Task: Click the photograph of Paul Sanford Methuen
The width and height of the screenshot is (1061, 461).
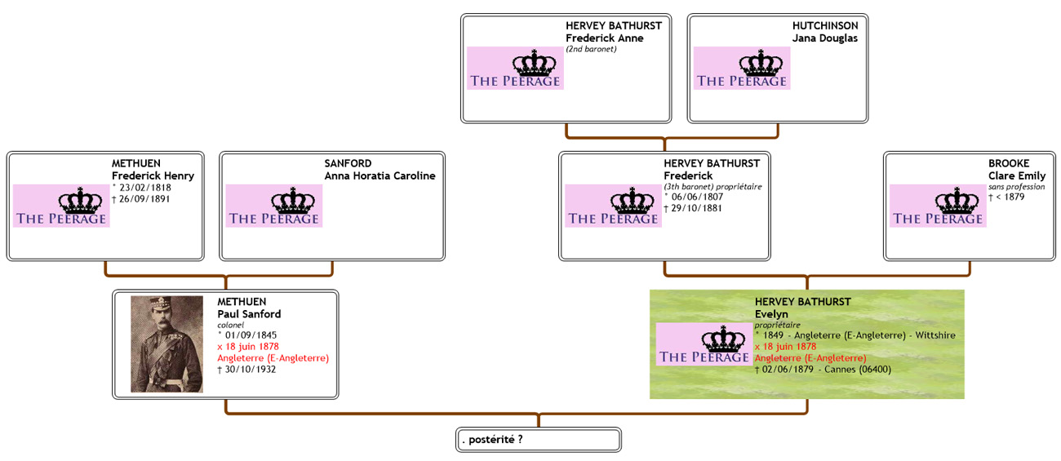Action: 166,344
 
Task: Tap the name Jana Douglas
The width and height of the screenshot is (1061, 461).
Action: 825,38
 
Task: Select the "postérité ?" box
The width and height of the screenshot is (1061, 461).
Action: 538,440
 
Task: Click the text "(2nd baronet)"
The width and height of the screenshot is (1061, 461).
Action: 591,49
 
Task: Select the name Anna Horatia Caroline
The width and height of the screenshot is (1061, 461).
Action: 380,175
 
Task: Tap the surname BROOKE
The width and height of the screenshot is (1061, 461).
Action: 1009,163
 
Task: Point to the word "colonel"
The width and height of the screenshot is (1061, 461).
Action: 231,325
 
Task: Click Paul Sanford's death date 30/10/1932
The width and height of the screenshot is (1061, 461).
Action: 249,369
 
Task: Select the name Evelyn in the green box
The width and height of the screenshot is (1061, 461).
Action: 771,314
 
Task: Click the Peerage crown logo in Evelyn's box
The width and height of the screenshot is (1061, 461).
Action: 704,344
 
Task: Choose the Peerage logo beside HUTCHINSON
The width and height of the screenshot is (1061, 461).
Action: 742,68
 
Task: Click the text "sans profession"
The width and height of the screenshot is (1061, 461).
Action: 1016,187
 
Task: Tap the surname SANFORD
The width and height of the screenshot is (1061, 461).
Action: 348,163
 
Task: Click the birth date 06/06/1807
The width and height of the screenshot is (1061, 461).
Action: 695,197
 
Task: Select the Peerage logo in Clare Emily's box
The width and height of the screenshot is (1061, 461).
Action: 938,206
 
